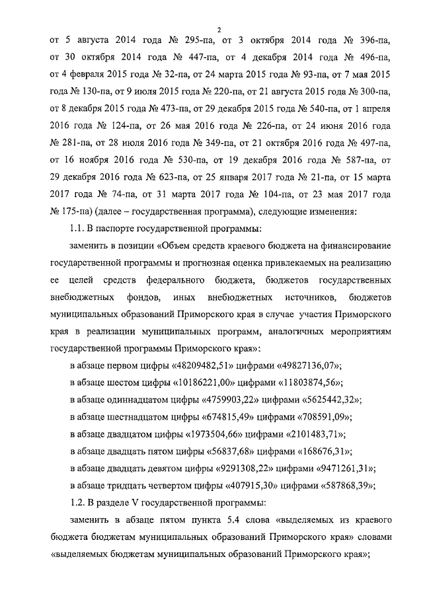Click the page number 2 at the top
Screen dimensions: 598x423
(x=219, y=27)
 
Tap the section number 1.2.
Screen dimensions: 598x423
(x=80, y=504)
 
